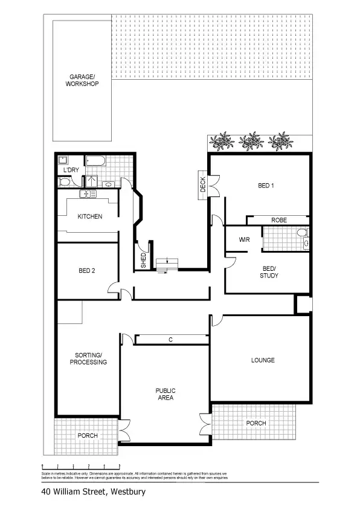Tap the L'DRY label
coord(71,170)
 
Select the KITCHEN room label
coord(89,216)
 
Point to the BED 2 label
coord(87,271)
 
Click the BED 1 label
coord(266,186)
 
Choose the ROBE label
coord(278,220)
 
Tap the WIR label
coord(244,240)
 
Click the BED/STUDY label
coord(269,272)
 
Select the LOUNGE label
coord(263,360)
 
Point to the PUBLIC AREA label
coord(164,394)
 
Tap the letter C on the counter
coord(170,340)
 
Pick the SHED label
coord(143,261)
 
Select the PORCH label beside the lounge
coord(256,423)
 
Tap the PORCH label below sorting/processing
coord(88,435)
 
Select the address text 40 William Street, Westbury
coord(94,492)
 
